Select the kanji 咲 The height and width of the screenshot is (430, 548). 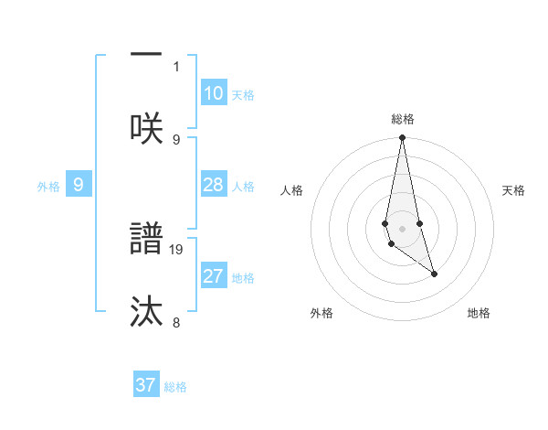click(146, 127)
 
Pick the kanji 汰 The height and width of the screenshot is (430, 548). click(146, 311)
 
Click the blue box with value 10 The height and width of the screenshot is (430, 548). click(214, 93)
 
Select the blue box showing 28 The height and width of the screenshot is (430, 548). click(214, 185)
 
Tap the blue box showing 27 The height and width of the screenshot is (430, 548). click(214, 276)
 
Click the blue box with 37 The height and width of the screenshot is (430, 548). click(146, 385)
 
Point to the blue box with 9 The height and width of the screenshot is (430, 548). click(79, 185)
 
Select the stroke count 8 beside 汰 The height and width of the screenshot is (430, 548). click(176, 322)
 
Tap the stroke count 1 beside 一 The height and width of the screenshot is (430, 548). click(176, 66)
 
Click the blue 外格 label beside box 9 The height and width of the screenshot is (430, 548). click(48, 187)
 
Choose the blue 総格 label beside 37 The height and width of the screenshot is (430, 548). click(175, 387)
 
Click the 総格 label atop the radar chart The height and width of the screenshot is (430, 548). click(402, 119)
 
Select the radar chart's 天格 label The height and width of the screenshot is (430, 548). click(513, 190)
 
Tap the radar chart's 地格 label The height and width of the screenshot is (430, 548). click(479, 313)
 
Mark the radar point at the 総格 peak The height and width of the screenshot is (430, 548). click(402, 138)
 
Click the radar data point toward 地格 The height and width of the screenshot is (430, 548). click(434, 274)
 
